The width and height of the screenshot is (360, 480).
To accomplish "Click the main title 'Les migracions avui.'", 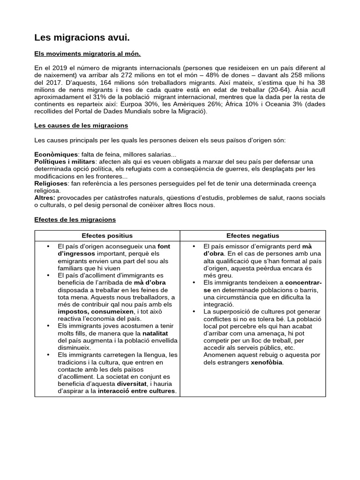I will (82, 37).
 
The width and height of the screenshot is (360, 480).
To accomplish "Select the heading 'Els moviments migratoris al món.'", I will (88, 54).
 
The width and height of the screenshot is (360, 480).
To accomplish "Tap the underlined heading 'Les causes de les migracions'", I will (81, 126).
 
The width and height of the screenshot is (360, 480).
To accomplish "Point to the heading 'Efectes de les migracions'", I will (75, 219).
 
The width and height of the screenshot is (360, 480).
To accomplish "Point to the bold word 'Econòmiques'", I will (56, 155).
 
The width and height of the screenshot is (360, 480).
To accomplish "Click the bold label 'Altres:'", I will (45, 198).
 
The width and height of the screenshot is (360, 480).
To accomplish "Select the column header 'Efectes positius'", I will (107, 236).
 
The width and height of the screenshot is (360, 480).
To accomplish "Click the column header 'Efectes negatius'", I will (252, 236).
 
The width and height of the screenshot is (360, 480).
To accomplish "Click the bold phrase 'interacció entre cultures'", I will (136, 391).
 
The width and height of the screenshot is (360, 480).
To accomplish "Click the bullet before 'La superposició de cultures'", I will (194, 312).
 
